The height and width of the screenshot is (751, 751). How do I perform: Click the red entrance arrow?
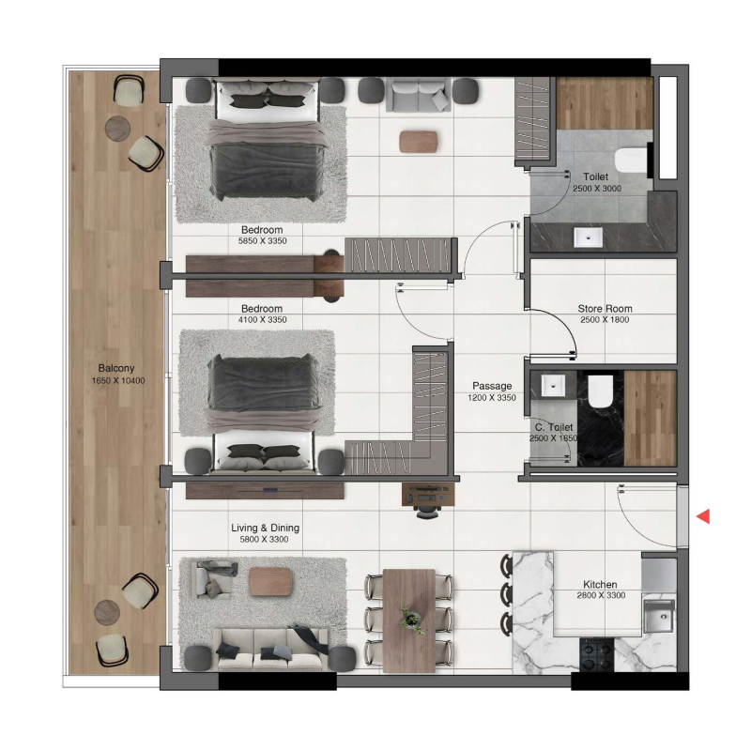click(x=702, y=515)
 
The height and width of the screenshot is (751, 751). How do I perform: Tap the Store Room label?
click(x=605, y=308)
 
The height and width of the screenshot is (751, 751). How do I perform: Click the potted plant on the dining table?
click(x=409, y=617)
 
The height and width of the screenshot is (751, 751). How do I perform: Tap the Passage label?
click(x=492, y=386)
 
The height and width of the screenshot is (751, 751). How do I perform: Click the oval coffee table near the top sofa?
click(x=418, y=141)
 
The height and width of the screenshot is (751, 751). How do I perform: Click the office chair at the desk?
click(x=426, y=507)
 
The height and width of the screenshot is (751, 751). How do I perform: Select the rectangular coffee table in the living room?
click(x=272, y=582)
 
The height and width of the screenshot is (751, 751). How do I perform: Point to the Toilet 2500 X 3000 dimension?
click(x=596, y=188)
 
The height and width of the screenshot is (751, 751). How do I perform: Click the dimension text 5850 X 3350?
click(x=262, y=241)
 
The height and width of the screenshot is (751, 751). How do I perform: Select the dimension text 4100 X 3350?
click(x=262, y=320)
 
